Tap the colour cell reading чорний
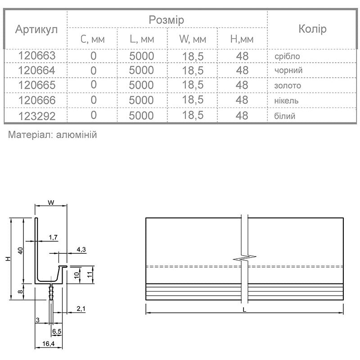point(288,71)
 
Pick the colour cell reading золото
point(287,85)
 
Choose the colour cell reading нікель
point(286,100)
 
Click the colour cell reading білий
point(284,116)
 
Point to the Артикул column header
point(36,30)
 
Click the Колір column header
point(312,30)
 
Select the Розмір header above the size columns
point(166,20)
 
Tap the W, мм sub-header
point(192,39)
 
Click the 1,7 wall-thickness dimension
point(53,237)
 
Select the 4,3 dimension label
point(81,249)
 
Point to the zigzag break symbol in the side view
point(245,258)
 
